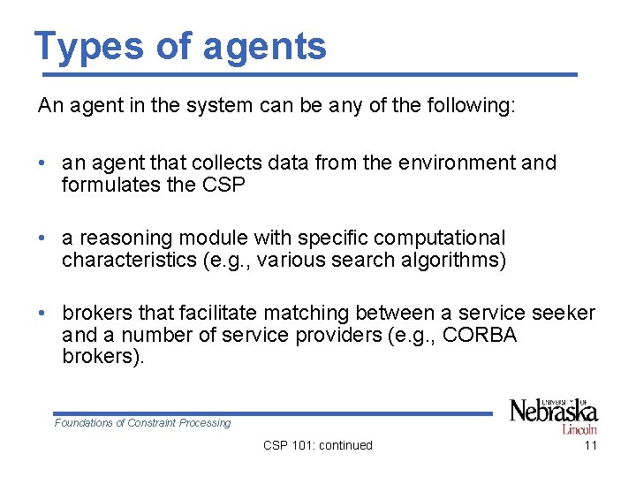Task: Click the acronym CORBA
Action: pyautogui.click(x=479, y=336)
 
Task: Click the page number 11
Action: pyautogui.click(x=591, y=445)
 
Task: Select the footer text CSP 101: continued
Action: pyautogui.click(x=318, y=445)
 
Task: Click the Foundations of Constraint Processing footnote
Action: pyautogui.click(x=142, y=423)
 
